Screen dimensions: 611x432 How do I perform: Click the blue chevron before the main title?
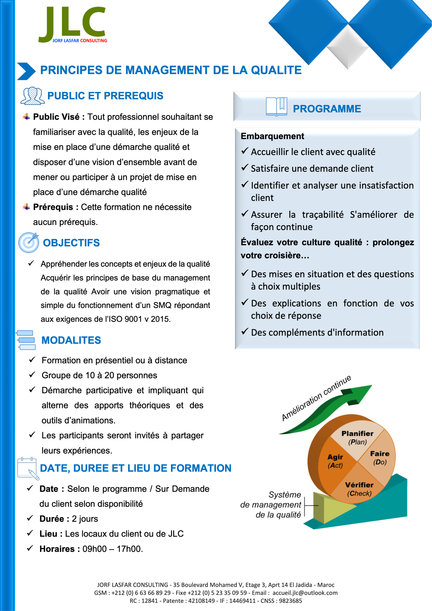coord(26,71)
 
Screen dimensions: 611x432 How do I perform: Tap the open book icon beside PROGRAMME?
coord(276,107)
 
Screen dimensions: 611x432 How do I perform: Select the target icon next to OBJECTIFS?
coord(28,242)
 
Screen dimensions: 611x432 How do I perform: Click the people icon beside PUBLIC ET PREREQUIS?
coord(32,96)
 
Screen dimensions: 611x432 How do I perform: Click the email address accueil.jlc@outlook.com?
coord(305,593)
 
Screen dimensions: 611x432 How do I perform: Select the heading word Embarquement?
coord(272,136)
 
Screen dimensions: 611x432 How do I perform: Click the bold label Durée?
coord(51,519)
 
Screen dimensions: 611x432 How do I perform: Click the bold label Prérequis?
coord(53,207)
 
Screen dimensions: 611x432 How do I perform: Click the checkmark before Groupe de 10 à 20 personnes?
coord(32,375)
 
